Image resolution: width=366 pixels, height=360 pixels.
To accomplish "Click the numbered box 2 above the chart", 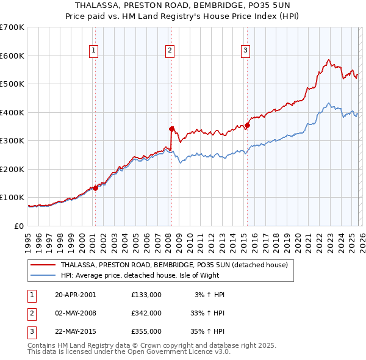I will click(170, 51).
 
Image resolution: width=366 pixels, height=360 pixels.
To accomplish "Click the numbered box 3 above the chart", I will click(245, 51).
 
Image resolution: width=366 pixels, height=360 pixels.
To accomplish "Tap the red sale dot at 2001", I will click(96, 188).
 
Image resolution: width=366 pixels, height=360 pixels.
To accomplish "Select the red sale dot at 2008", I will click(171, 129).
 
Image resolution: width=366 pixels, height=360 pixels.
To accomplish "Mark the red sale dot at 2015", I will click(247, 126).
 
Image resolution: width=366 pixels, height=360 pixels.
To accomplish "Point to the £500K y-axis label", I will click(12, 84).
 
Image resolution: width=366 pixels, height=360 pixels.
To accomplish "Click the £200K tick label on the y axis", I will click(12, 169).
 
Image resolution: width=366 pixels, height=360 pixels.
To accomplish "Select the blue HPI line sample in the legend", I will click(43, 275).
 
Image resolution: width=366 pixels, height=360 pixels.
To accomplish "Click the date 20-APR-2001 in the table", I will click(75, 295).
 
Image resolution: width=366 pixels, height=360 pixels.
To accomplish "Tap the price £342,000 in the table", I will click(146, 313).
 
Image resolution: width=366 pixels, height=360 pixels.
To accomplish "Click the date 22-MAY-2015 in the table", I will click(76, 331).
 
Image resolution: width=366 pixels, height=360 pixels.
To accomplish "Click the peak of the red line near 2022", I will click(328, 60).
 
